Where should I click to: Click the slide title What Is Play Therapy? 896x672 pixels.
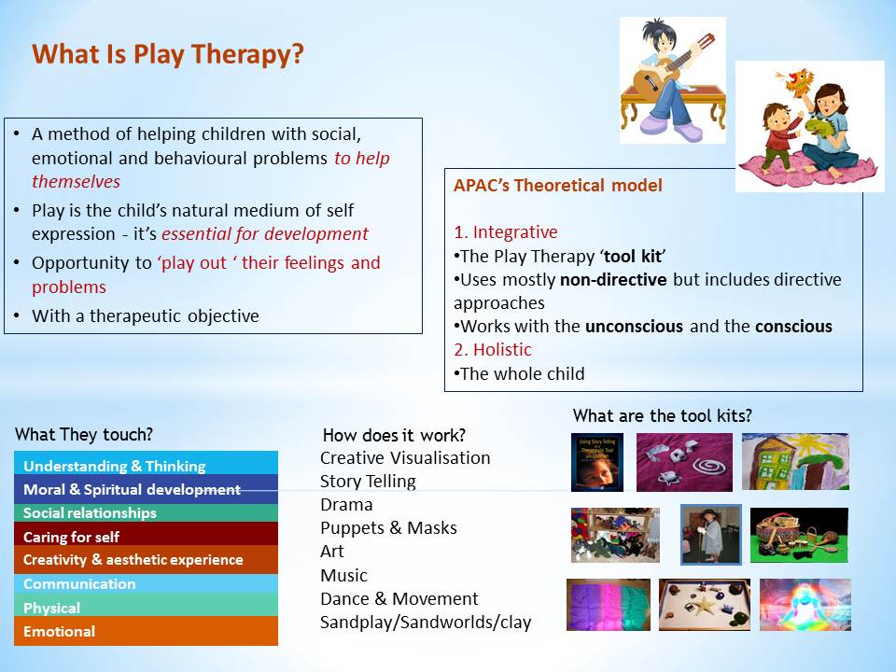pyautogui.click(x=167, y=55)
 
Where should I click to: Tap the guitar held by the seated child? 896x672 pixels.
pyautogui.click(x=673, y=68)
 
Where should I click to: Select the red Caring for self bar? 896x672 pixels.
pyautogui.click(x=146, y=536)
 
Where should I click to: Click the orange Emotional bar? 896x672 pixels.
pyautogui.click(x=146, y=631)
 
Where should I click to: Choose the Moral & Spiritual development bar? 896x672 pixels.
pyautogui.click(x=146, y=489)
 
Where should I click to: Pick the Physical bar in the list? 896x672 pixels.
pyautogui.click(x=146, y=607)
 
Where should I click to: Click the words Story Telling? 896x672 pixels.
pyautogui.click(x=368, y=482)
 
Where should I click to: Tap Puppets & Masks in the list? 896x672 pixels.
pyautogui.click(x=388, y=528)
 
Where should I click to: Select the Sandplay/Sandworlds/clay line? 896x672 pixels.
pyautogui.click(x=426, y=623)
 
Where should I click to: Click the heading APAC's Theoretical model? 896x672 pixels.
pyautogui.click(x=558, y=185)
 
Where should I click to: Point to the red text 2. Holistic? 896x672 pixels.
pyautogui.click(x=493, y=350)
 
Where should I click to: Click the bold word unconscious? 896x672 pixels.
pyautogui.click(x=635, y=327)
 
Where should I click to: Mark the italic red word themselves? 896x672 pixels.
pyautogui.click(x=76, y=182)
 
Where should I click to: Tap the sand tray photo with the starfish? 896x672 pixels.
pyautogui.click(x=705, y=605)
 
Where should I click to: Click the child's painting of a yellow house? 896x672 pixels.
pyautogui.click(x=795, y=461)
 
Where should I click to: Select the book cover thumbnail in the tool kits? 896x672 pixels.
pyautogui.click(x=597, y=462)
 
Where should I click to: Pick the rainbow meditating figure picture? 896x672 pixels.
pyautogui.click(x=805, y=605)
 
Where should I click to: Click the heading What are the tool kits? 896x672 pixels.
pyautogui.click(x=663, y=415)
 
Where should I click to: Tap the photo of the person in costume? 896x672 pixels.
pyautogui.click(x=711, y=535)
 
